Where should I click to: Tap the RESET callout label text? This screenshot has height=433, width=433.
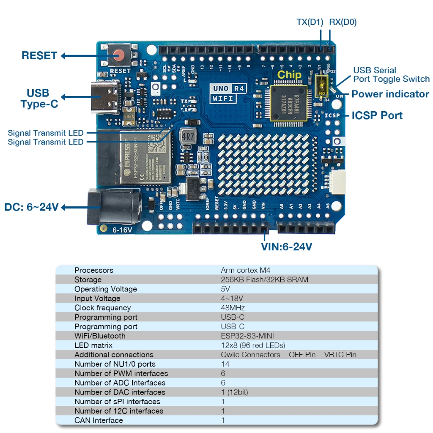click(39, 55)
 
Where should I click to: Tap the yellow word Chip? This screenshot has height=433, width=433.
click(289, 75)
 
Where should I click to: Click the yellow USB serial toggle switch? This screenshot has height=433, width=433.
click(323, 85)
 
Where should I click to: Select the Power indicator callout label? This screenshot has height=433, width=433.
click(390, 94)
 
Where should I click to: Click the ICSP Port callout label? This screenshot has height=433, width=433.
click(377, 115)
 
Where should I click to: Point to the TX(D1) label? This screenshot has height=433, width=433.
click(310, 22)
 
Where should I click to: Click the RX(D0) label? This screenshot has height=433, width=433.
click(343, 22)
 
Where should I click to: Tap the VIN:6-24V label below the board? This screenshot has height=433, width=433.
click(287, 247)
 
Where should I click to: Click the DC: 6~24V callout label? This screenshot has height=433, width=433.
click(31, 208)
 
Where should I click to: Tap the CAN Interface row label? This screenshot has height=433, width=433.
click(99, 420)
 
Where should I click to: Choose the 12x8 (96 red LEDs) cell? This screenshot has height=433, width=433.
click(253, 345)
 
